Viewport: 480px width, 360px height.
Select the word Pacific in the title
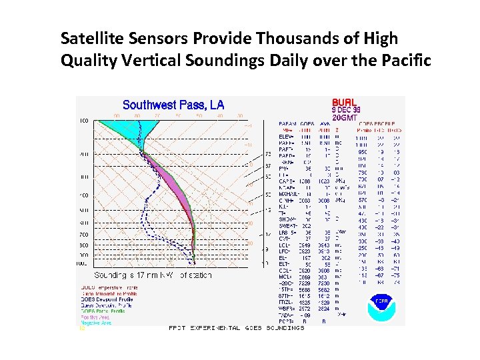click(x=403, y=61)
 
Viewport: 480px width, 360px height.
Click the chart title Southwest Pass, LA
click(x=173, y=105)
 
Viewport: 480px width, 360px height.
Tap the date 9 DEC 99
click(x=347, y=110)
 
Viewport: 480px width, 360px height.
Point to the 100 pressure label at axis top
click(x=84, y=121)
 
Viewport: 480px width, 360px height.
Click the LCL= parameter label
click(x=285, y=245)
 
